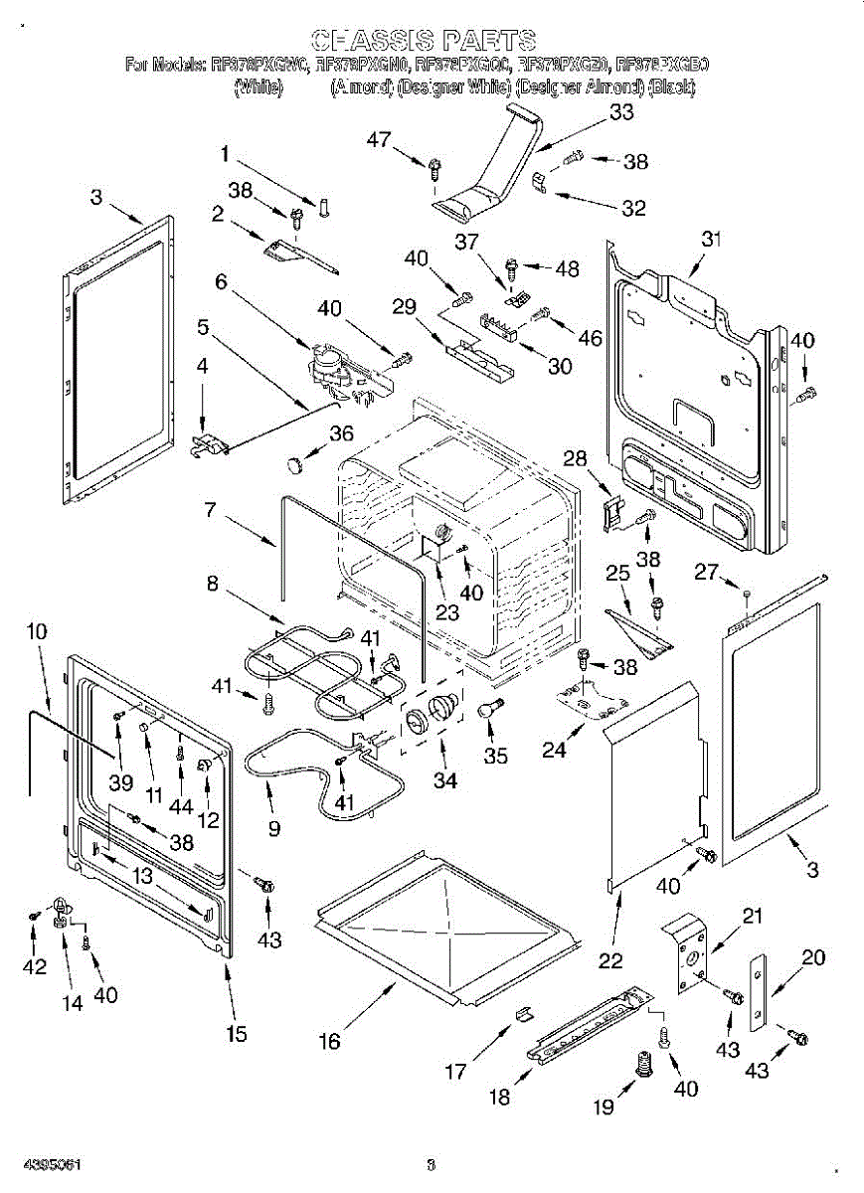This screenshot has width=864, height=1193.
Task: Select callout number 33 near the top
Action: pos(621,112)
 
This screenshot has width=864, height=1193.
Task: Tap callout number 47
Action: pos(379,140)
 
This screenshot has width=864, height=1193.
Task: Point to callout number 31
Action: pos(710,239)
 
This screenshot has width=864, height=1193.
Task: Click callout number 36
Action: pos(341,432)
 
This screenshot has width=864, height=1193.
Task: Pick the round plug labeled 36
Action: pos(294,462)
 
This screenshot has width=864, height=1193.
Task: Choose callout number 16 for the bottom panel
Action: pos(329,1041)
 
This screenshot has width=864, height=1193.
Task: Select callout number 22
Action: pos(610,960)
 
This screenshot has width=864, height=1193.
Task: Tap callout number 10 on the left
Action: pos(36,630)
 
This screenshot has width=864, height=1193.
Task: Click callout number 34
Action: pos(444,780)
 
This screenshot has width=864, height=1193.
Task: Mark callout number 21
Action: pos(753,916)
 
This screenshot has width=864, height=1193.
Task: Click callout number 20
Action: pos(813,957)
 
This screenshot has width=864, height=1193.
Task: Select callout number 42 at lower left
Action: pos(35,966)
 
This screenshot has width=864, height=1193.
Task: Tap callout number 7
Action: pos(211,510)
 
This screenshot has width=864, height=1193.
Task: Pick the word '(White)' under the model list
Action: pos(259,87)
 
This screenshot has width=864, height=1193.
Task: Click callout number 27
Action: pos(705,573)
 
